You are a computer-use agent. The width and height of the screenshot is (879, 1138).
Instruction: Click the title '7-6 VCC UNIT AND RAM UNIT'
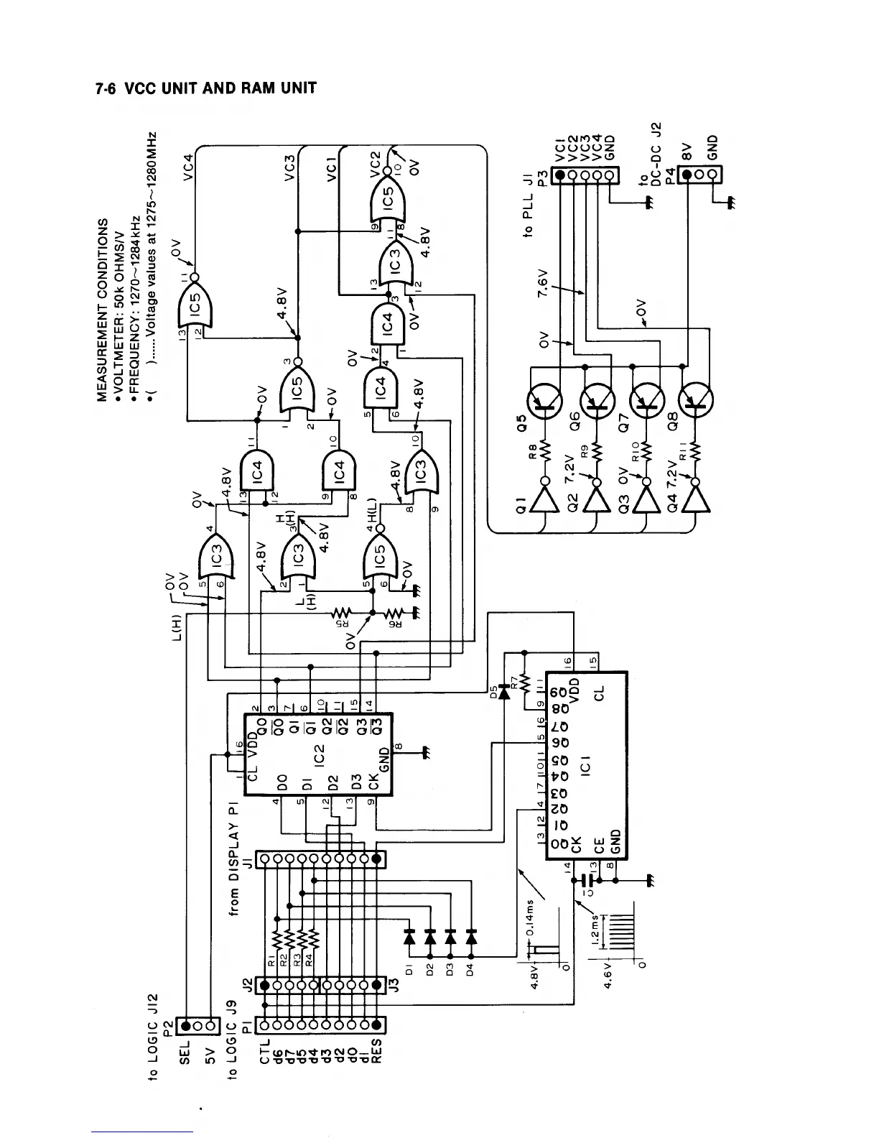pos(205,89)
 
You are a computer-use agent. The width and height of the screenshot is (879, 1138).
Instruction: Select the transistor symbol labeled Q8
pos(694,404)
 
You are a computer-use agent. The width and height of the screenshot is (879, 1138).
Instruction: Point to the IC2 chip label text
pos(320,754)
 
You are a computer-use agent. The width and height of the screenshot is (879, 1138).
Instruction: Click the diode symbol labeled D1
pos(410,937)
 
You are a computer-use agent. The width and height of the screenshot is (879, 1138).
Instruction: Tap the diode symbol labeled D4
pos(471,937)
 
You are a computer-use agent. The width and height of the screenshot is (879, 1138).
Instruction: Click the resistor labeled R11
pos(695,450)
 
